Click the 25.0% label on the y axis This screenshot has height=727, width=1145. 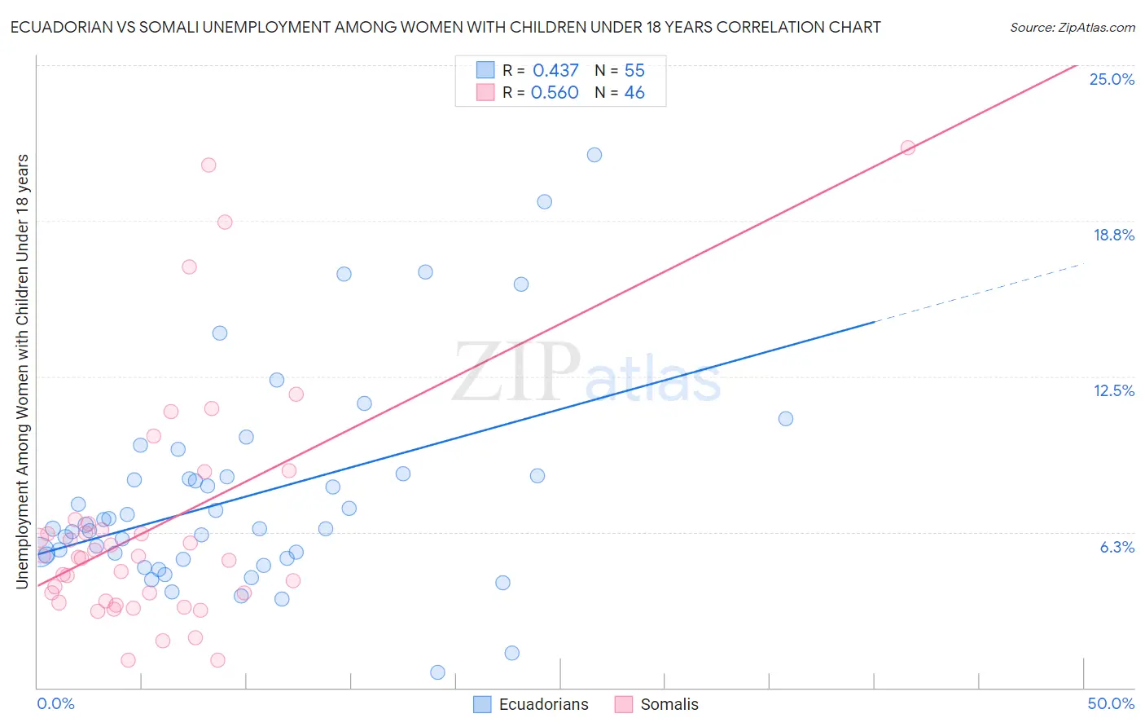tap(1112, 79)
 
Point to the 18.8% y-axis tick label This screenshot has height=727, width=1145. tap(1113, 235)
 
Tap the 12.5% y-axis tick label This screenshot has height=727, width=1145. tap(1113, 390)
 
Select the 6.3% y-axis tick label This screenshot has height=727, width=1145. tap(1116, 547)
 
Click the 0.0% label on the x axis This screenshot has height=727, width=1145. tap(55, 703)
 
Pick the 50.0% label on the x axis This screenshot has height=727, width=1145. tap(1111, 703)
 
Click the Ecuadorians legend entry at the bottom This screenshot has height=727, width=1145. tap(543, 704)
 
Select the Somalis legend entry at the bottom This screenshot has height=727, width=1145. tap(669, 704)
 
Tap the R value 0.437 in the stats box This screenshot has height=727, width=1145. tap(555, 71)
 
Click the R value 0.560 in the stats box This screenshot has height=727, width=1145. tap(555, 93)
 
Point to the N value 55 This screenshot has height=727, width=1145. tap(634, 71)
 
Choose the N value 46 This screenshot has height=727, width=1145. tap(634, 93)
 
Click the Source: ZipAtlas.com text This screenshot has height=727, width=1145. tap(1072, 28)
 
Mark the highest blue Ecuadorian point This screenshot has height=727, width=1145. tap(594, 155)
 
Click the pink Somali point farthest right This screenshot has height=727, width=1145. tap(908, 148)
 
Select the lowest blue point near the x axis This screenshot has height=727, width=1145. tap(437, 672)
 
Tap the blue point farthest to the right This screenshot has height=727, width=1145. tap(786, 419)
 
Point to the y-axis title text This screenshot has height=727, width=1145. tap(22, 371)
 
